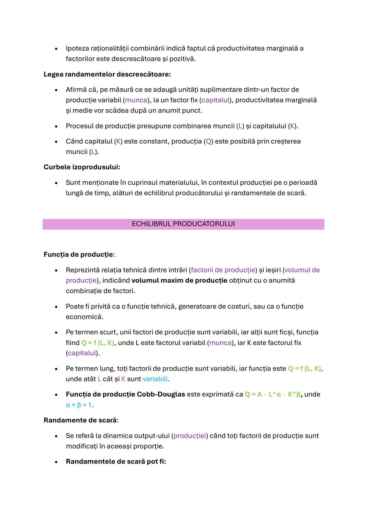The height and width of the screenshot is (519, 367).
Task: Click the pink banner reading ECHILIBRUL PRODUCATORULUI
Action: [x=183, y=224]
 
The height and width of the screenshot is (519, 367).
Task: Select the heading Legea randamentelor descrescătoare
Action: [x=107, y=74]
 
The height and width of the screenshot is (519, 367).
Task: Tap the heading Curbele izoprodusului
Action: [x=82, y=167]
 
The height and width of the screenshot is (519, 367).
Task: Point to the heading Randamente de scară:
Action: [x=81, y=420]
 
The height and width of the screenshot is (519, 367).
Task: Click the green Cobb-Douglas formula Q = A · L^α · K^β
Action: [x=273, y=394]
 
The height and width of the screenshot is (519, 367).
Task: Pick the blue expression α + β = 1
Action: [x=79, y=405]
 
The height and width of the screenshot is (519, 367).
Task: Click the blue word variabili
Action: [x=155, y=379]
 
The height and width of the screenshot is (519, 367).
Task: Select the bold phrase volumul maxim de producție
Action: [x=179, y=280]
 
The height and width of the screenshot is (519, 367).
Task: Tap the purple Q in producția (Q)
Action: [x=209, y=141]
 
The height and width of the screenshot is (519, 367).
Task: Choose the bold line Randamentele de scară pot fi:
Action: [x=116, y=462]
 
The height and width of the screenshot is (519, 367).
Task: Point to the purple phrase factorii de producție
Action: [x=223, y=270]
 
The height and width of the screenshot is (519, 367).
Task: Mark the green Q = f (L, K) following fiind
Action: [x=98, y=343]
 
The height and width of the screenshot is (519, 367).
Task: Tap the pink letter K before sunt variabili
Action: [x=123, y=379]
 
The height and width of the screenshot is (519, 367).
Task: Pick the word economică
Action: [x=84, y=317]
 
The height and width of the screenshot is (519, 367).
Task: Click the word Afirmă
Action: [x=76, y=90]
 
